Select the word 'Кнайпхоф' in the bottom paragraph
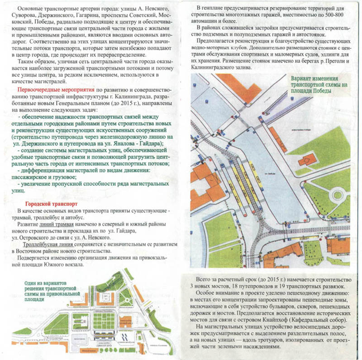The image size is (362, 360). pyautogui.click(x=271, y=321)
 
